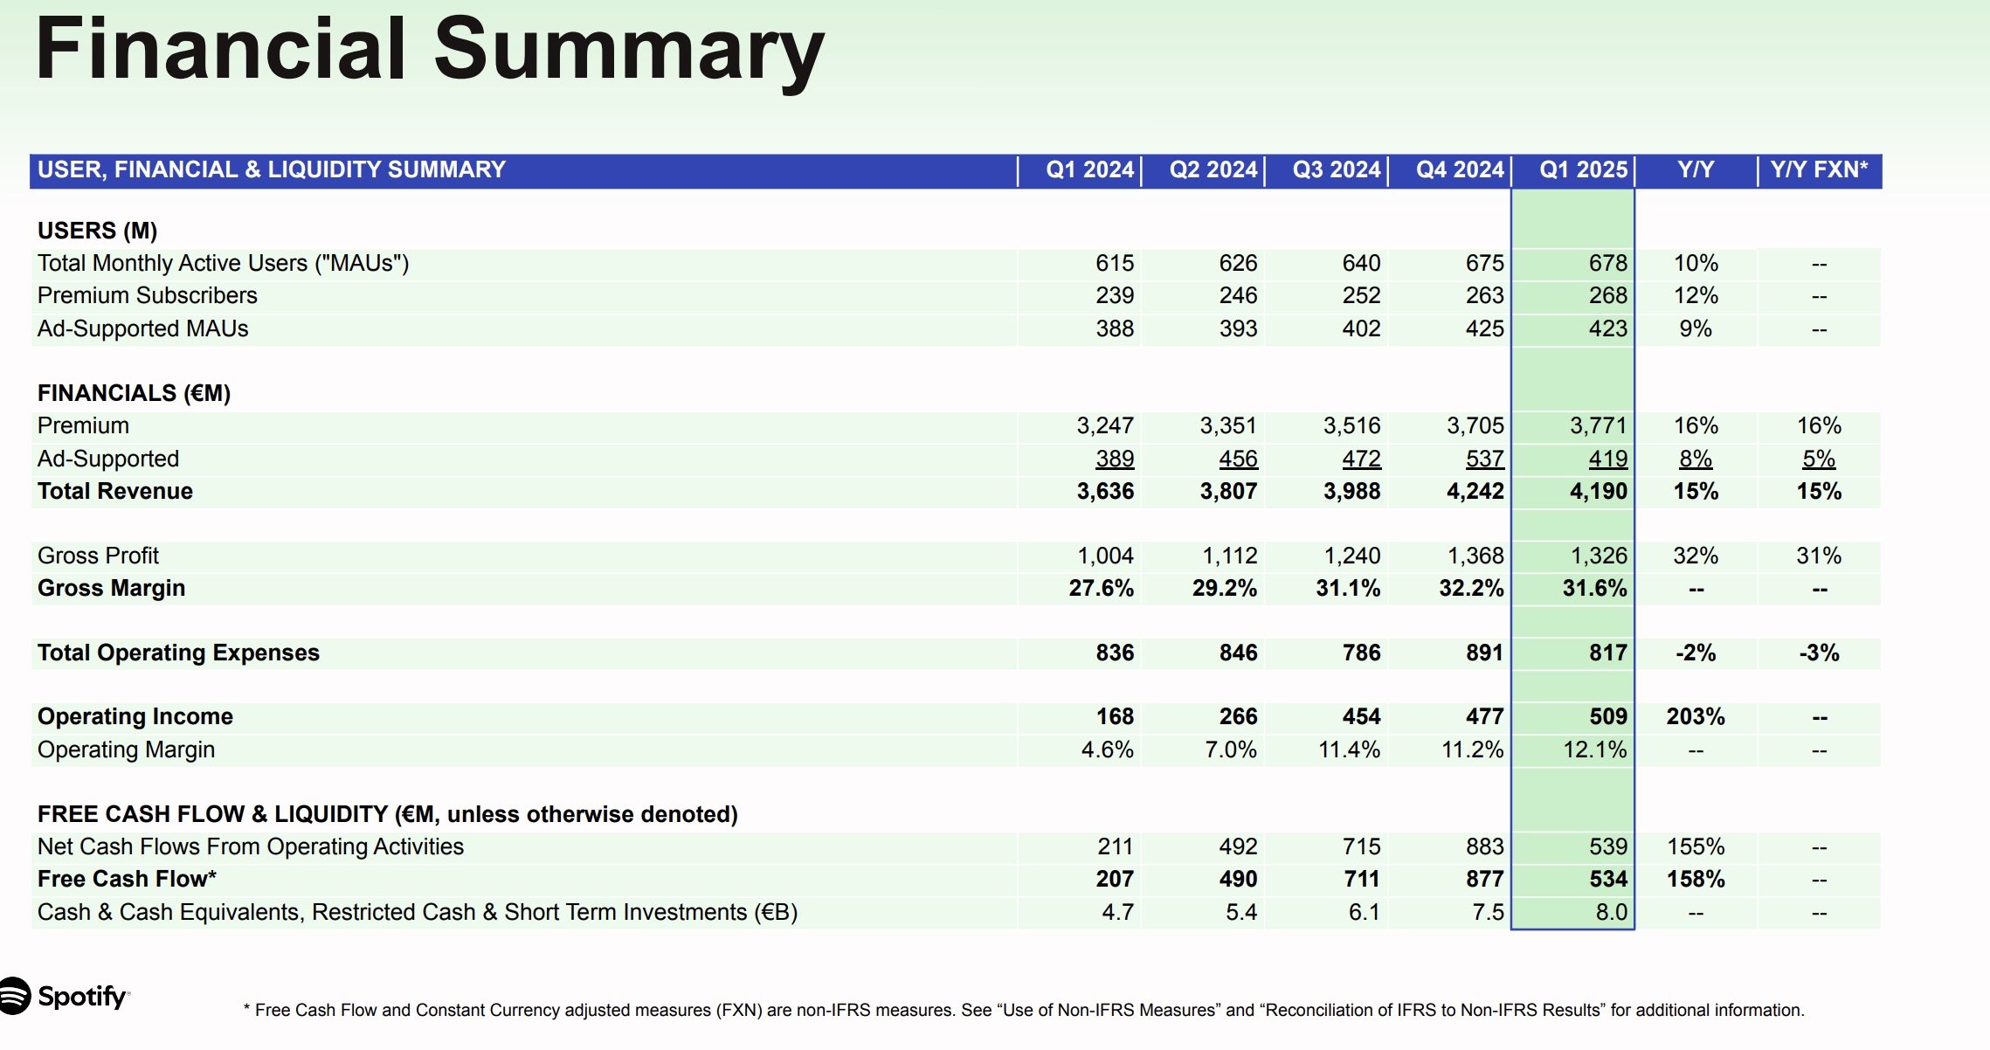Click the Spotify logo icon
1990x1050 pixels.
(14, 996)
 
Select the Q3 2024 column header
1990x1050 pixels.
(1337, 169)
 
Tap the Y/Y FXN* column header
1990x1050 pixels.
(1819, 169)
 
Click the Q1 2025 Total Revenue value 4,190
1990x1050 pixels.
(1598, 491)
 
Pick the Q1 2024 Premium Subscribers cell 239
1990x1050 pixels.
(1115, 295)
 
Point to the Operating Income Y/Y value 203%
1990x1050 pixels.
(1695, 716)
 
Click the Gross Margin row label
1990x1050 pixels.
(111, 588)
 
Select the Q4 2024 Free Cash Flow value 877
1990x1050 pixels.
(1484, 879)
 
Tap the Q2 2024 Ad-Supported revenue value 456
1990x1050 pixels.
(1238, 459)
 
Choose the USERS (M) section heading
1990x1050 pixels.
(97, 231)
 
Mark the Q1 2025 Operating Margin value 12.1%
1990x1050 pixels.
(1594, 750)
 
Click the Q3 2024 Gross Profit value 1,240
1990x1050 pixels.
(1351, 556)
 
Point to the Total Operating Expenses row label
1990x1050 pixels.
(178, 653)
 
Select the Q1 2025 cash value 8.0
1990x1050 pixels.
(1611, 912)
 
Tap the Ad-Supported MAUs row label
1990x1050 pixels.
(142, 328)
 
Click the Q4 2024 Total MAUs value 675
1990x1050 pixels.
(1484, 263)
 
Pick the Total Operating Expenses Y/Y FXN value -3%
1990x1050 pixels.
(1819, 653)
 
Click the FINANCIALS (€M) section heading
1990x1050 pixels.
(134, 393)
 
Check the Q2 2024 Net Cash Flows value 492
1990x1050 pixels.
(1238, 846)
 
